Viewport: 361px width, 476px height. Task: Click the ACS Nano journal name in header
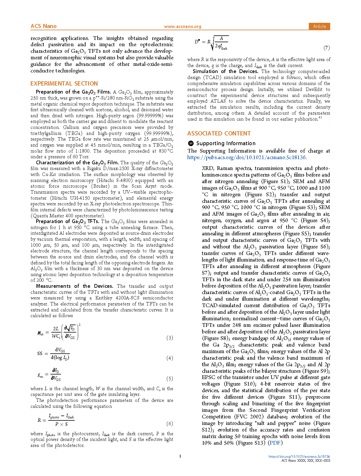pos(44,26)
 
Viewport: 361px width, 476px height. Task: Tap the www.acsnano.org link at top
pos(182,27)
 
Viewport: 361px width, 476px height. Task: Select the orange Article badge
pos(319,26)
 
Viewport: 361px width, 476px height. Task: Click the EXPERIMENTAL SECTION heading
pos(64,84)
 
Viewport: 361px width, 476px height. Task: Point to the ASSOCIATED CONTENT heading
pos(219,133)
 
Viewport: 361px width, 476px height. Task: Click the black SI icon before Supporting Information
pos(191,143)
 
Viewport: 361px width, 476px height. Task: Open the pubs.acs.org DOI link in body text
pos(247,157)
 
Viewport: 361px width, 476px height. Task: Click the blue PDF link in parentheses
pos(275,443)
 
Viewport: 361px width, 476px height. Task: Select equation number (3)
pos(170,338)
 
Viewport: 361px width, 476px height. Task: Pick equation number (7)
pos(326,48)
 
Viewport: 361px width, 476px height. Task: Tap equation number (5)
pos(170,379)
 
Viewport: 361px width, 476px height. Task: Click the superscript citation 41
pos(320,118)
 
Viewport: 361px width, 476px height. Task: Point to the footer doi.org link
pos(299,457)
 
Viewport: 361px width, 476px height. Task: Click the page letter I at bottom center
pos(180,456)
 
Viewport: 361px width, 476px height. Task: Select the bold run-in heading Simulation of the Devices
pos(225,71)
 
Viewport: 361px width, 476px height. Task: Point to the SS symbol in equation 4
pos(40,353)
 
